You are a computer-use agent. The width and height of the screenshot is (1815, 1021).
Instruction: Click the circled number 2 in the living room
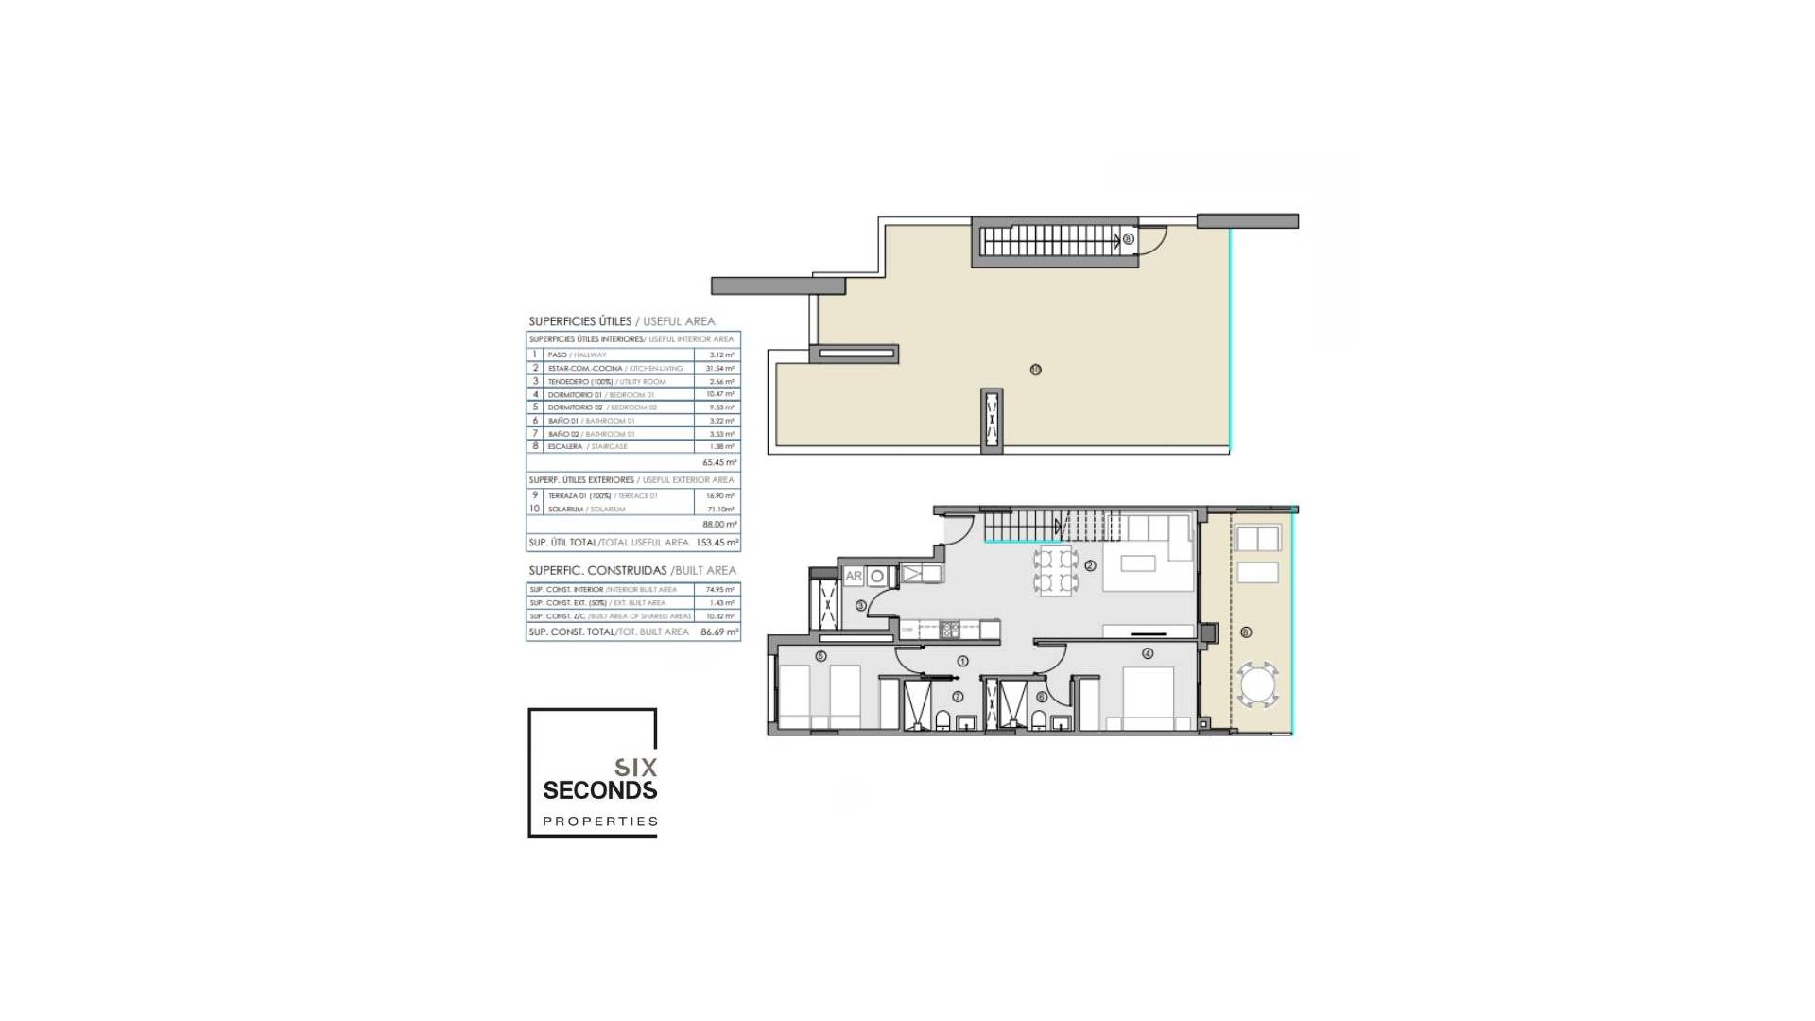tap(1090, 565)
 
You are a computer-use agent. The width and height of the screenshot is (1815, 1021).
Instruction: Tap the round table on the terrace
tap(1258, 684)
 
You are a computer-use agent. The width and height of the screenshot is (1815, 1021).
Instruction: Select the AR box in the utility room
tap(854, 575)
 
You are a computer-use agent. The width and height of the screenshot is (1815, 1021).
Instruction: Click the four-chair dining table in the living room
tap(1056, 570)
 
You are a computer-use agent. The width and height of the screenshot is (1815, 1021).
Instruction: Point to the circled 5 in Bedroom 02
tap(821, 656)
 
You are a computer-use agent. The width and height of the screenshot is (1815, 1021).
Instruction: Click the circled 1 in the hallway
tap(963, 661)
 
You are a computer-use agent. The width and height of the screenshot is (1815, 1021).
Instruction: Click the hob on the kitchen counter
tap(948, 629)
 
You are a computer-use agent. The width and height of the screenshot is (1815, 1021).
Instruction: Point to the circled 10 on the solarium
tap(1036, 370)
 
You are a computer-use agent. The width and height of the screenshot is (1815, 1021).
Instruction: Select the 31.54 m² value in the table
tap(719, 368)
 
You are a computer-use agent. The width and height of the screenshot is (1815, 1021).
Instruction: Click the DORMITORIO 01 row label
tap(575, 394)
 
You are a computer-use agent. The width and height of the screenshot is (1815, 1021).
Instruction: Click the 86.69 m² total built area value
tap(719, 632)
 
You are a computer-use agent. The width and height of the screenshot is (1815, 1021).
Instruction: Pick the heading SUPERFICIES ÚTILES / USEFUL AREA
tap(621, 321)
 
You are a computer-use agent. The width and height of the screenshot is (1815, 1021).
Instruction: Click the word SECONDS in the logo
tap(599, 790)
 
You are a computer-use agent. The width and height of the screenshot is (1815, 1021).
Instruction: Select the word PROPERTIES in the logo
tap(599, 822)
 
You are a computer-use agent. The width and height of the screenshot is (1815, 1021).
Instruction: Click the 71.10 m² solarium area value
tap(720, 510)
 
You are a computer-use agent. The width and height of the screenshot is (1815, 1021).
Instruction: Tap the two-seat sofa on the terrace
tap(1257, 539)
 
